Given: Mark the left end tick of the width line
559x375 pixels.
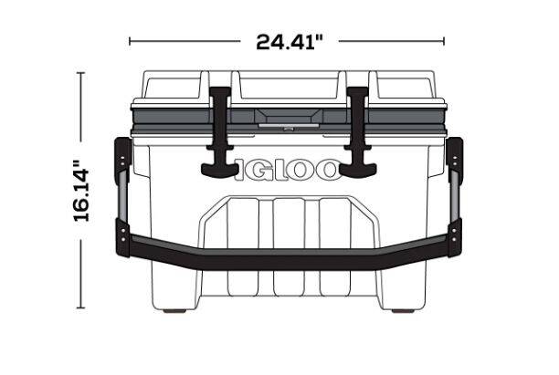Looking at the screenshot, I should tap(130, 41).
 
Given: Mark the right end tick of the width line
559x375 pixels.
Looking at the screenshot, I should tap(444, 41).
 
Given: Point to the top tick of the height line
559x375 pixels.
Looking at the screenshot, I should tap(81, 73).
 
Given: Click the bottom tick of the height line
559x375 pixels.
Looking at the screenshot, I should tap(81, 309).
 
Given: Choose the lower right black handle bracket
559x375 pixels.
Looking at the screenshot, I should tap(454, 235).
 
